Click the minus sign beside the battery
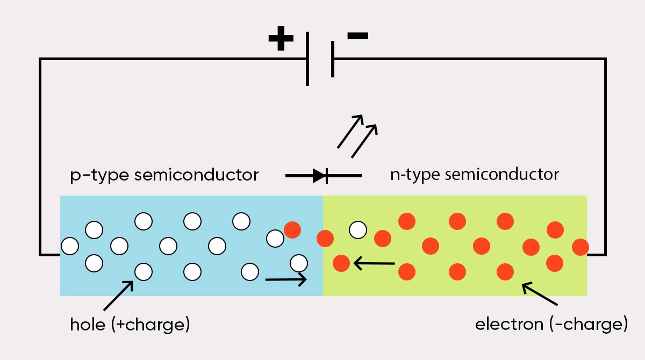(x=357, y=36)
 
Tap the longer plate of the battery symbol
(x=307, y=59)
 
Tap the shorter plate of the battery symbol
(x=333, y=59)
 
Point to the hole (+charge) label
(x=130, y=325)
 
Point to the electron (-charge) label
(x=551, y=325)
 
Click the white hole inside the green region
(x=358, y=229)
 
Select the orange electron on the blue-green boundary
(x=325, y=237)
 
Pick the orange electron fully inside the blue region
(x=292, y=229)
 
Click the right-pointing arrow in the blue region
(x=286, y=279)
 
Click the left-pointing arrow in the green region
(x=374, y=263)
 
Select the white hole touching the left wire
(x=70, y=246)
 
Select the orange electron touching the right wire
(x=580, y=247)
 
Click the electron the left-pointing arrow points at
(x=341, y=263)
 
